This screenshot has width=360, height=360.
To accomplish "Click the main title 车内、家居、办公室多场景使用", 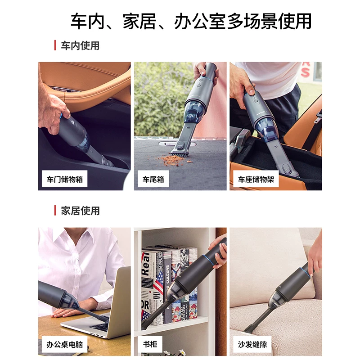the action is [191, 21].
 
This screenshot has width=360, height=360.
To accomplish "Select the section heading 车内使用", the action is [80, 45].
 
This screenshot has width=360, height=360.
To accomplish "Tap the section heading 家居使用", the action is [80, 211].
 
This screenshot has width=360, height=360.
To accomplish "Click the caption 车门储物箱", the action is [64, 179].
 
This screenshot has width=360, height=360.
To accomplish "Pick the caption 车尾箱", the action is [153, 179].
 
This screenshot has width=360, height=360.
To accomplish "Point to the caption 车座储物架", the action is [256, 179].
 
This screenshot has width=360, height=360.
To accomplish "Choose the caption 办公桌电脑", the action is [64, 344].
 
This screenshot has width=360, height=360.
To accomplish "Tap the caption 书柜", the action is [150, 344].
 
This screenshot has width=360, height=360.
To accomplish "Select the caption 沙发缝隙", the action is [252, 344].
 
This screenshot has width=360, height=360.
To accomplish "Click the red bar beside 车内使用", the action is [55, 45].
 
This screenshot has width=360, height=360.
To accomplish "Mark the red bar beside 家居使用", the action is [55, 210].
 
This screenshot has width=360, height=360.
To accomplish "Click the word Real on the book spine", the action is [145, 264].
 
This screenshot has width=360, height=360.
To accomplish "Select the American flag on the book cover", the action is [158, 282].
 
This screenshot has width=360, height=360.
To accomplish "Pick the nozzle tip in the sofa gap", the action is [248, 328].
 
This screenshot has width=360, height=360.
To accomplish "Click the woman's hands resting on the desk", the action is [69, 310].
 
